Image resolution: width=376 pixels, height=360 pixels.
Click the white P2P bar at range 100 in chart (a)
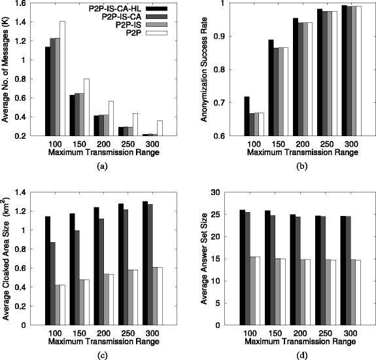tap(63, 79)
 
